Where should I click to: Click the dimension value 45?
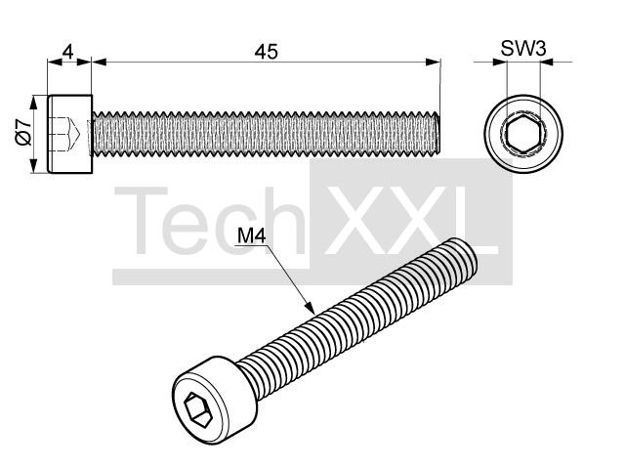(x=267, y=52)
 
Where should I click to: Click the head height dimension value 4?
(x=68, y=52)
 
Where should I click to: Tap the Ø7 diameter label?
(x=23, y=132)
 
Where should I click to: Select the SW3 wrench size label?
(x=523, y=49)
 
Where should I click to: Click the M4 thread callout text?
(x=252, y=235)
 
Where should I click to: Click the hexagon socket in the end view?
(x=523, y=133)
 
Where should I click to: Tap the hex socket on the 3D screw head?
(x=197, y=410)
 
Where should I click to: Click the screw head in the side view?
(x=69, y=134)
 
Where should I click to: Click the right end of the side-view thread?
(x=438, y=133)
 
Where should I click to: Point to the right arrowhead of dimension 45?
(x=434, y=62)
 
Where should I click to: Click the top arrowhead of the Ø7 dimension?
(x=34, y=102)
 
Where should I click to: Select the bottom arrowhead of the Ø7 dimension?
(x=34, y=166)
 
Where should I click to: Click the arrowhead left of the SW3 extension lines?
(x=499, y=62)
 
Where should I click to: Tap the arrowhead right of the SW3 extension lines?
(x=547, y=62)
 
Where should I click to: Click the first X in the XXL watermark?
(x=354, y=221)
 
